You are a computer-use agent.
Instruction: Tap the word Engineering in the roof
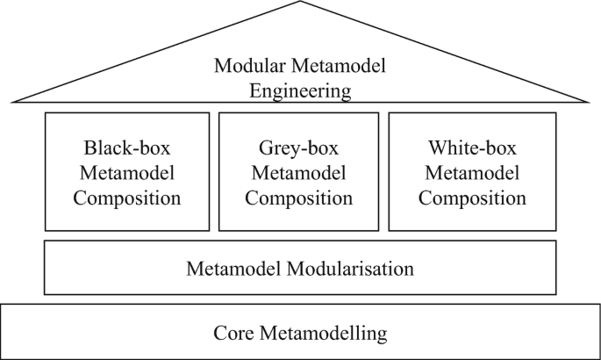pos(300,90)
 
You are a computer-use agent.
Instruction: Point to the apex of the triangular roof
pos(300,3)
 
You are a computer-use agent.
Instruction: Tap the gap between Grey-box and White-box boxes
pos(384,171)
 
